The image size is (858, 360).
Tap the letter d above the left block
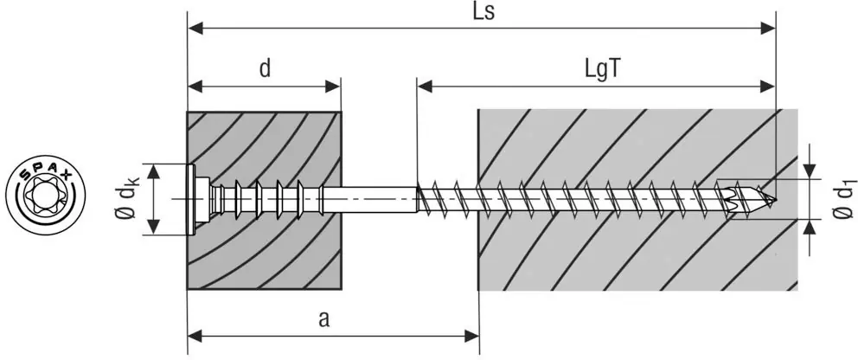coord(265,69)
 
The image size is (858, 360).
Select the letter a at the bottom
coord(323,318)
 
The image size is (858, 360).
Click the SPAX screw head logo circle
coord(47,198)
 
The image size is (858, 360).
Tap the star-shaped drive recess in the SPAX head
coord(42,200)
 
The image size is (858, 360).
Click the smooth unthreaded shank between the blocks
coord(372,199)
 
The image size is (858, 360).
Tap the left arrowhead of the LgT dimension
coord(424,86)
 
